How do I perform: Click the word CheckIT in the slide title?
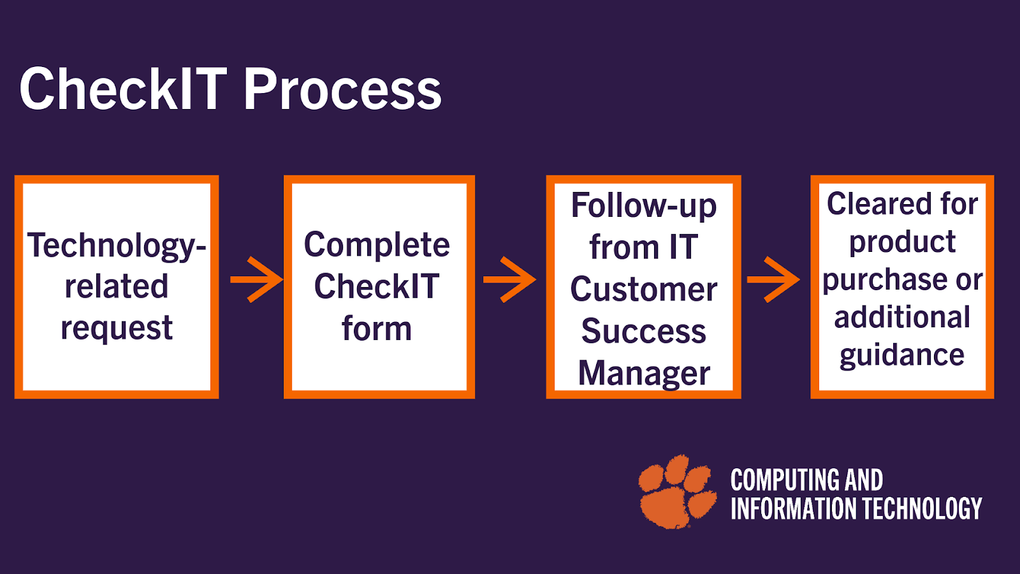click(x=123, y=89)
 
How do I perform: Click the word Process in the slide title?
click(x=342, y=89)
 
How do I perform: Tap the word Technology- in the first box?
click(x=117, y=246)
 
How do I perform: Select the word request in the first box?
click(x=117, y=329)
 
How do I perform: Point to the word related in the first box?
click(x=117, y=287)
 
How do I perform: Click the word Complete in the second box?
click(x=377, y=246)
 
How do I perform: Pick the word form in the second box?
click(x=377, y=329)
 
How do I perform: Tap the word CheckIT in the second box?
click(x=377, y=287)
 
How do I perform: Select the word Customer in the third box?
click(x=644, y=290)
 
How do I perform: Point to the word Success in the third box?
click(x=644, y=332)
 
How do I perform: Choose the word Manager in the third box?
click(x=644, y=374)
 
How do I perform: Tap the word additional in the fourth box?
click(x=902, y=318)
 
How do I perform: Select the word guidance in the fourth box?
click(x=902, y=355)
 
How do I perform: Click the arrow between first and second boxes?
click(x=256, y=279)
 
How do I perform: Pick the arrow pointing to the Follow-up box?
click(x=509, y=279)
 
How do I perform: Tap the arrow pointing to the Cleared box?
click(x=773, y=279)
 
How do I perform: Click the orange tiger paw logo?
click(x=677, y=491)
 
